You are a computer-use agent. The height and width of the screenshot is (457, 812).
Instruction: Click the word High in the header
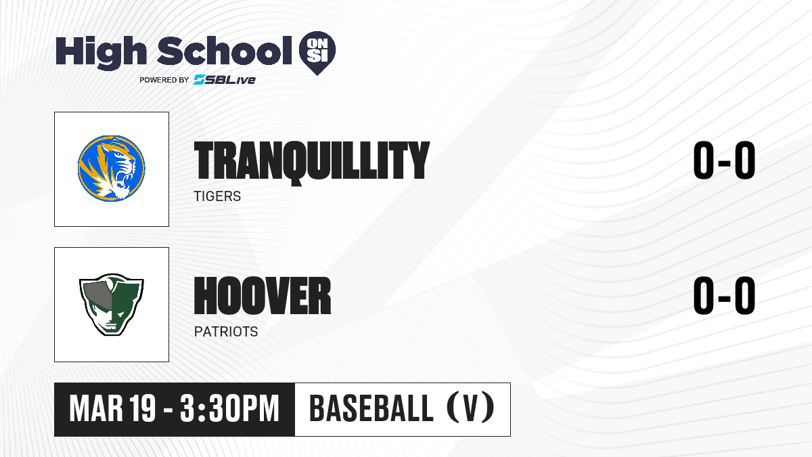point(101,53)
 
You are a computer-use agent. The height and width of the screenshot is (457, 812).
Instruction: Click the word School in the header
point(225,51)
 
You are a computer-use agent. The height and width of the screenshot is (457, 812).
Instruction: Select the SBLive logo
point(225,80)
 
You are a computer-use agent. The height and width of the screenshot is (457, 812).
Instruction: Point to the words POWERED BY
point(164,80)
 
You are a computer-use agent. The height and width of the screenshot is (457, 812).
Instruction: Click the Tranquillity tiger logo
point(111,169)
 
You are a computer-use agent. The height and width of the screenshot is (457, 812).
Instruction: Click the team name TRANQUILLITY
point(312,161)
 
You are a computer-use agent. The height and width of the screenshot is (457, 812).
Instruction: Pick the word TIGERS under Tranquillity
point(217,196)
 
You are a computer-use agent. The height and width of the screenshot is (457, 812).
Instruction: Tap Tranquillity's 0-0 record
point(724,160)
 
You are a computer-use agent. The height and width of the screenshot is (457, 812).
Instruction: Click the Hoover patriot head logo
point(112,305)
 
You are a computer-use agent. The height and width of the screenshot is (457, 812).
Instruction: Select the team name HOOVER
point(263,296)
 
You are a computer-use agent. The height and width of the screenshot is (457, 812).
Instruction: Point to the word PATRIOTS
point(226,332)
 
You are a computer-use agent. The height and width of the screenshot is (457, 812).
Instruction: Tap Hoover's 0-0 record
point(724,295)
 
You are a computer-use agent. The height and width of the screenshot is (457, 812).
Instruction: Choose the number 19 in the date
point(143,408)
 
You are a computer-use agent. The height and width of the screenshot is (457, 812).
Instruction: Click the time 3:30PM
point(229,408)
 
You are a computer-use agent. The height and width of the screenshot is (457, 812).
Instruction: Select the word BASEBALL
point(371,408)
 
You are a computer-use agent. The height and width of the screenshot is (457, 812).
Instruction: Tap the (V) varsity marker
point(470,408)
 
